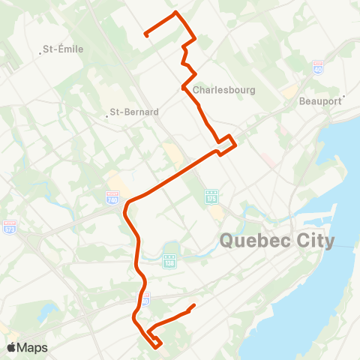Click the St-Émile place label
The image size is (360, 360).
click(x=63, y=49)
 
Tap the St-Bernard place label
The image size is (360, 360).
click(x=136, y=112)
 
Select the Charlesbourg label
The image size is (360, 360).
click(x=224, y=89)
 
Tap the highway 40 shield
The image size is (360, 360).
click(x=318, y=66)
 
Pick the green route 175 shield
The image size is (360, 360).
click(x=211, y=197)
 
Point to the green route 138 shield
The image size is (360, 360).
click(x=169, y=260)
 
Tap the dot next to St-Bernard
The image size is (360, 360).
click(x=107, y=115)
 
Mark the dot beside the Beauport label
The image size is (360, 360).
click(x=343, y=97)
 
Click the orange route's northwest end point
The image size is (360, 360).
click(x=145, y=35)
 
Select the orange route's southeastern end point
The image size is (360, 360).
click(x=194, y=305)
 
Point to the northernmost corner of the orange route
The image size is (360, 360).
click(x=176, y=13)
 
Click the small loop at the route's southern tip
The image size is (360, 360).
click(x=155, y=343)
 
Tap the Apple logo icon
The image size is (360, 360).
click(x=11, y=348)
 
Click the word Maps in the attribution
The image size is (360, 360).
click(x=33, y=348)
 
